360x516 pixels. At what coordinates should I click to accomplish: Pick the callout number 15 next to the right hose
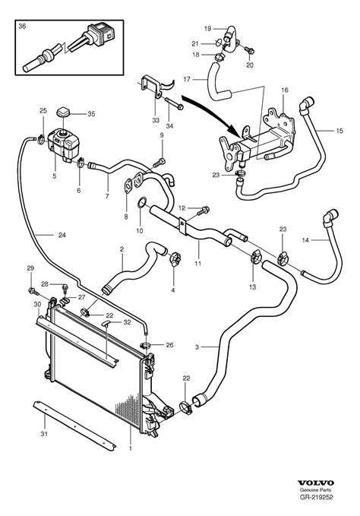pos(339,129)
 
